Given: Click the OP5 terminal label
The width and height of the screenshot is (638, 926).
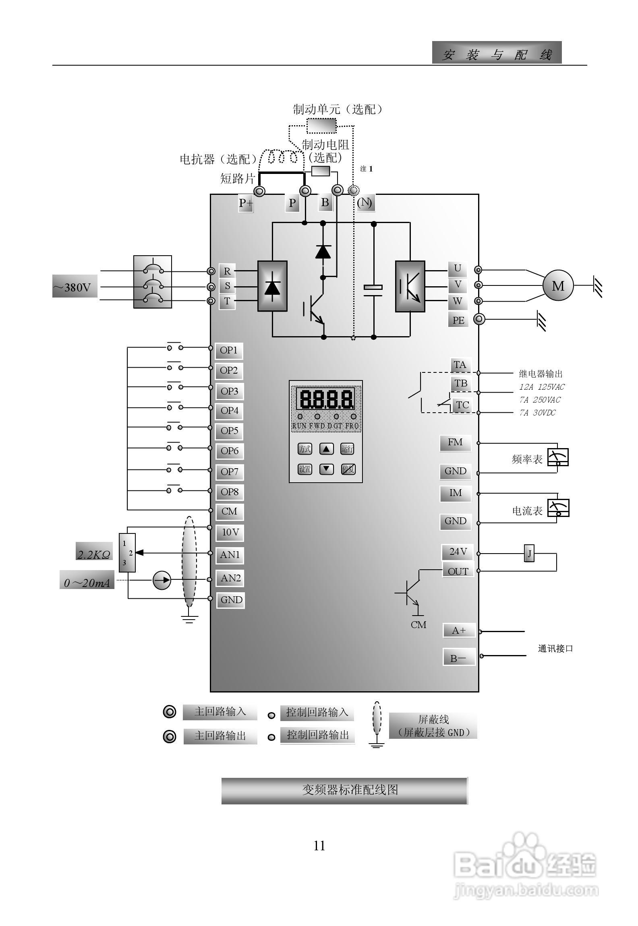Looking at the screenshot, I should [229, 431].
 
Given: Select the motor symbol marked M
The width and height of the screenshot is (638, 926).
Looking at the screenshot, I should [558, 286].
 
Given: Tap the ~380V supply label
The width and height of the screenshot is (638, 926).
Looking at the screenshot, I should [75, 287].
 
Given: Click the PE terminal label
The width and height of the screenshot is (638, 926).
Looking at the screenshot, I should [458, 320].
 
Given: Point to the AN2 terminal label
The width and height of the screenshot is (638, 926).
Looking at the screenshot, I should [230, 578].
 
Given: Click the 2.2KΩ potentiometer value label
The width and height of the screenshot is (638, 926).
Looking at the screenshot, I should [94, 554].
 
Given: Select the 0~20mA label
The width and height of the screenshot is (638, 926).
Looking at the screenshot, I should [87, 583].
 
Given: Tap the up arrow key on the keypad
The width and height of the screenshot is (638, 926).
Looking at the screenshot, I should [326, 449].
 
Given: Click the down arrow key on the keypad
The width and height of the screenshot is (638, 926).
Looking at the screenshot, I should [326, 469].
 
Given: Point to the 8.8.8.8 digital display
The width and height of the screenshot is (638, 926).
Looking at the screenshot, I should [325, 399].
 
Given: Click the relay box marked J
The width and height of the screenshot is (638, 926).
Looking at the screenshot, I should [529, 554].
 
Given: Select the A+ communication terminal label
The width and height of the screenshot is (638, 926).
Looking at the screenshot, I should [459, 630].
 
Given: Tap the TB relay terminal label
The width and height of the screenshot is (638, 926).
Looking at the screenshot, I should [461, 383].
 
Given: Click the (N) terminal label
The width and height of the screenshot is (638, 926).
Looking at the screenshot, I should [365, 202].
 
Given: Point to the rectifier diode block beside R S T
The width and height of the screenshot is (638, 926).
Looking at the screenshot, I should [272, 286].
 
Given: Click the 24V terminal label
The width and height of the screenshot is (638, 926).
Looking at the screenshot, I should [458, 552].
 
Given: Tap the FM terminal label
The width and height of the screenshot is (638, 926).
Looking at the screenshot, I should [455, 442].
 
